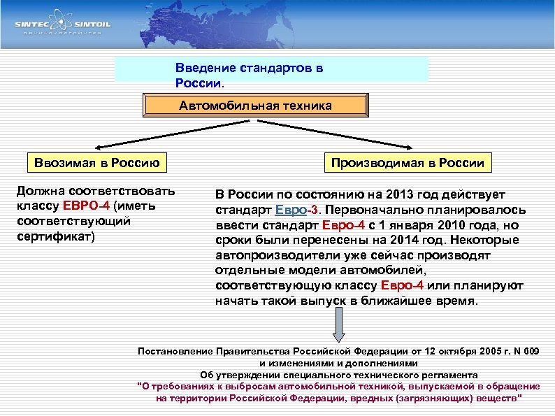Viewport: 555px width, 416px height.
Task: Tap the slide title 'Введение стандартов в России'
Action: (250, 76)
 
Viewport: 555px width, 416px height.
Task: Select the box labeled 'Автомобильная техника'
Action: (255, 106)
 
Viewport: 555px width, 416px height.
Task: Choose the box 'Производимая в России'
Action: (408, 163)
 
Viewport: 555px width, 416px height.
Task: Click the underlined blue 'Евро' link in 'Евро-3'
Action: (290, 209)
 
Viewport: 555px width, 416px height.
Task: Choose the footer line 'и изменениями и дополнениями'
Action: (339, 363)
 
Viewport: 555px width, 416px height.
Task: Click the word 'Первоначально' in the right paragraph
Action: (378, 209)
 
